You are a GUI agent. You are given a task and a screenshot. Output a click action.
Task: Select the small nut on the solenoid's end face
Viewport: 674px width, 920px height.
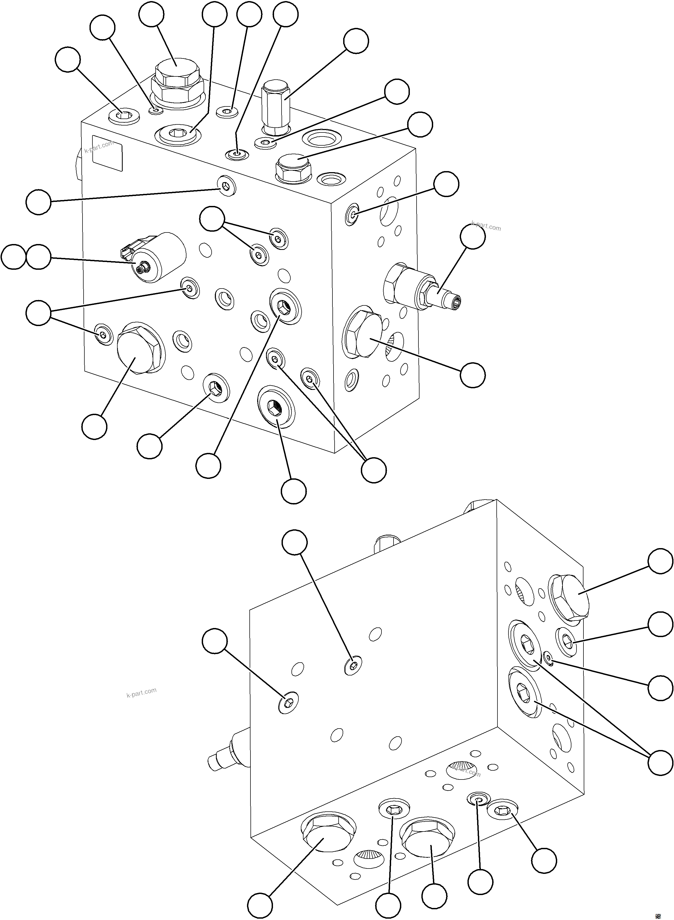[143, 268]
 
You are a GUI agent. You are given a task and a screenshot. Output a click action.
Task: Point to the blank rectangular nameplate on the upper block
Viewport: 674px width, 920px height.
[107, 153]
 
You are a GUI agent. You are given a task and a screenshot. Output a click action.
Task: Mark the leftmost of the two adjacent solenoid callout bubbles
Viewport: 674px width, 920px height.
[13, 257]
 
